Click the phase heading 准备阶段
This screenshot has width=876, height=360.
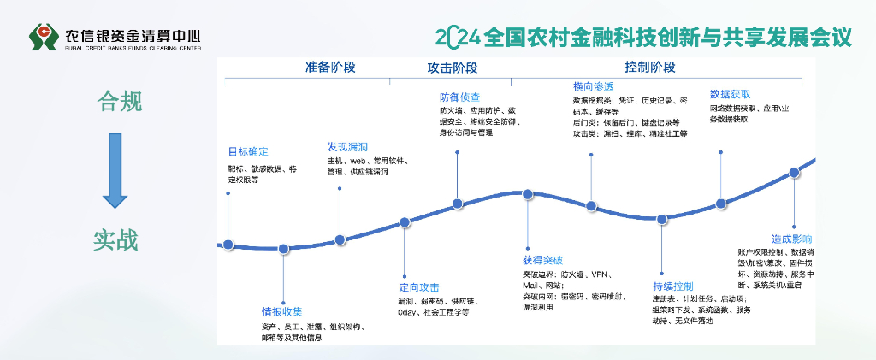tap(330, 67)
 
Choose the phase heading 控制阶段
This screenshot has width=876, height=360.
tap(649, 67)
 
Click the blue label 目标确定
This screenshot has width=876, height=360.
tap(247, 151)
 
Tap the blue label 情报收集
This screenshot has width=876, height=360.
tap(281, 310)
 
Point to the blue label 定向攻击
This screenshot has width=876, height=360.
tap(418, 286)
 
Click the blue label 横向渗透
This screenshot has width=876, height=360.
tap(593, 86)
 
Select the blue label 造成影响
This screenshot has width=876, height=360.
tap(791, 239)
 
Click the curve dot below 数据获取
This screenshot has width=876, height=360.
tap(720, 204)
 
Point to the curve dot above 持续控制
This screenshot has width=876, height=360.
tap(661, 219)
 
